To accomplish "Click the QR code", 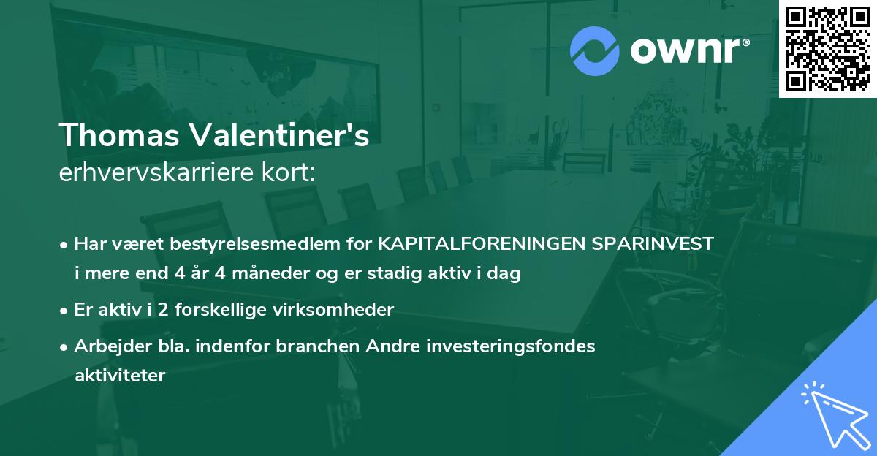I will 827,48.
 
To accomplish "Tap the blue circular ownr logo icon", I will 594,51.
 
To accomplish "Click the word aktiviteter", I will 120,376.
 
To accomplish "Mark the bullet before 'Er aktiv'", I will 65,311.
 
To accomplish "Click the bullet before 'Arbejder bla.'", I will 65,346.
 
